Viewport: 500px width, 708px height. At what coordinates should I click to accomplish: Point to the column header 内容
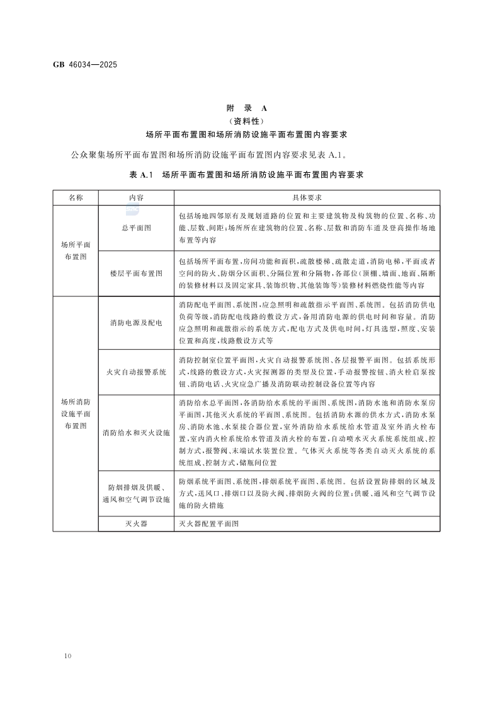(136, 197)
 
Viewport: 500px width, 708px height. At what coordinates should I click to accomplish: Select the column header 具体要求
(307, 197)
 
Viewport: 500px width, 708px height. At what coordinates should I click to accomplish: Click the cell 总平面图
(136, 228)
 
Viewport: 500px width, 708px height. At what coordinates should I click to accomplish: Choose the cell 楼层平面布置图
(136, 274)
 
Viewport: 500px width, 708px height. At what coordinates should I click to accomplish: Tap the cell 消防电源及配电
(136, 323)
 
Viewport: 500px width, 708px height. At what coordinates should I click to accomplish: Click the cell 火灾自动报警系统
(136, 372)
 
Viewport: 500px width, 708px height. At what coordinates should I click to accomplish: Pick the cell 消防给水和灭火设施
(136, 433)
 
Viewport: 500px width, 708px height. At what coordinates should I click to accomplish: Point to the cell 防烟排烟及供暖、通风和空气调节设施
(136, 494)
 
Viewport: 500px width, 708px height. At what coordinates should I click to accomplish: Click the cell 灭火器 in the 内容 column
(136, 524)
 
